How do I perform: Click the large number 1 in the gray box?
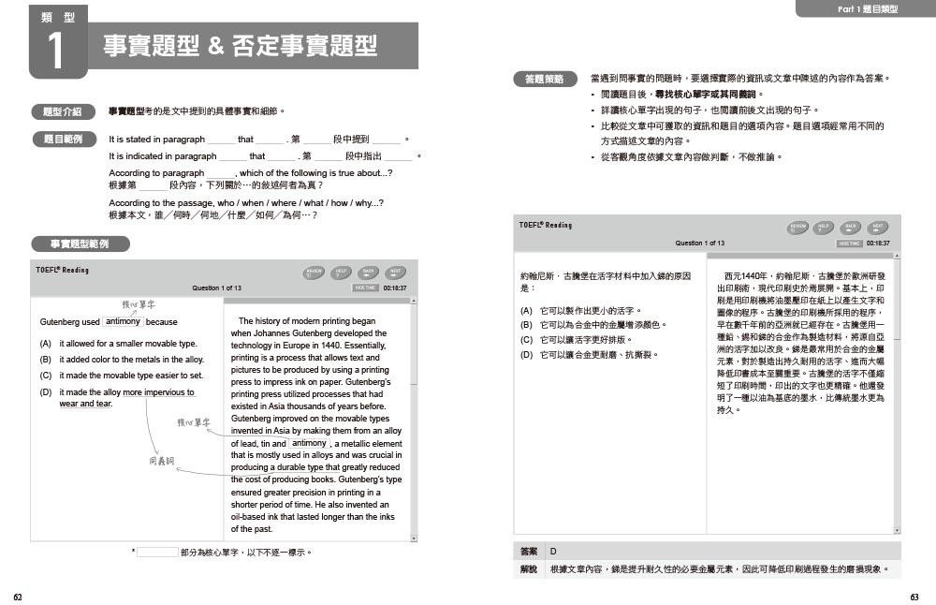(x=57, y=52)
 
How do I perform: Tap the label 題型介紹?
(x=63, y=111)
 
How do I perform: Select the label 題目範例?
(x=63, y=140)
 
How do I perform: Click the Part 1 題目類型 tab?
(x=865, y=9)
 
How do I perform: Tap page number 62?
(x=18, y=597)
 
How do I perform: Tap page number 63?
(x=914, y=597)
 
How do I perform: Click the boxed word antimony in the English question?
(x=123, y=321)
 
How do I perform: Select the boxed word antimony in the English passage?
(x=309, y=443)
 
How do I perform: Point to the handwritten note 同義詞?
(x=162, y=462)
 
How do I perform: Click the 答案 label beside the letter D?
(x=529, y=552)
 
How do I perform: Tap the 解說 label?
(x=529, y=569)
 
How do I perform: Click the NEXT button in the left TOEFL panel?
(x=397, y=273)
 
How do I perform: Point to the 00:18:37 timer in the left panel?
(x=395, y=288)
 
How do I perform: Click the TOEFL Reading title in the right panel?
(x=546, y=225)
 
